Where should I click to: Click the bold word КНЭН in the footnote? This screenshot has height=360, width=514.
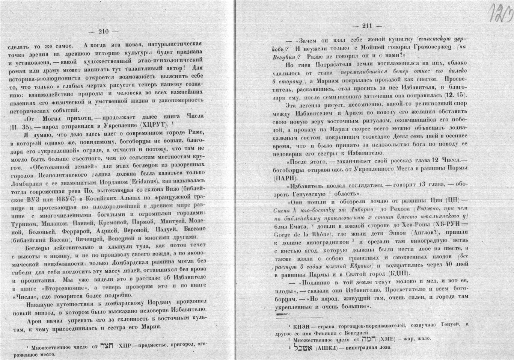(x=303, y=324)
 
